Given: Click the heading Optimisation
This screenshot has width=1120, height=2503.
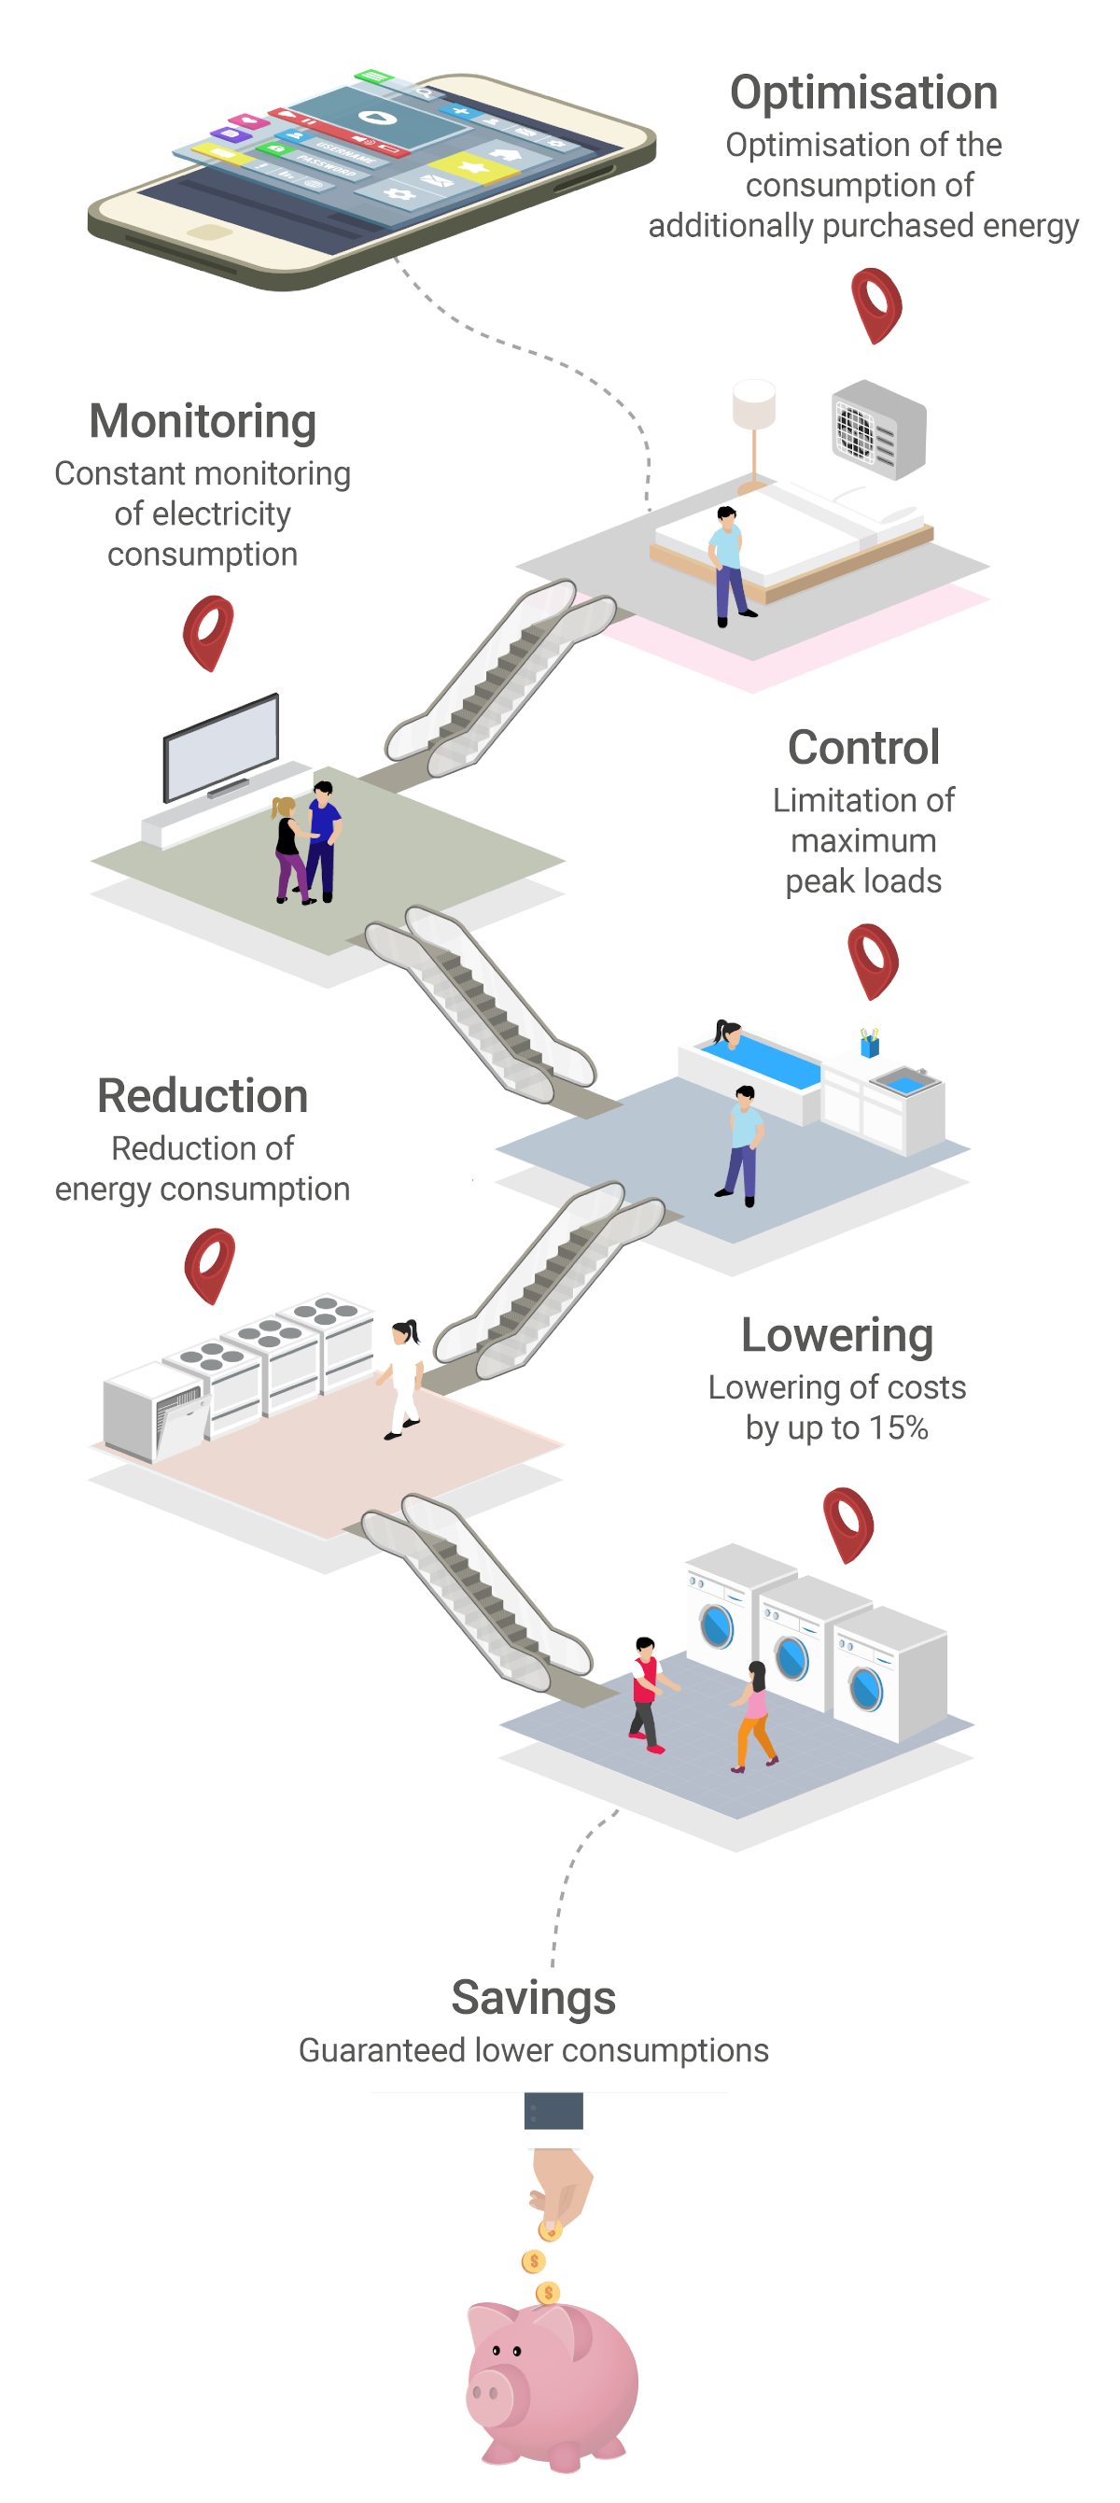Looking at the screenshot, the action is (x=862, y=93).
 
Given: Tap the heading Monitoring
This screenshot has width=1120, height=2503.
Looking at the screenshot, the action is (x=202, y=423).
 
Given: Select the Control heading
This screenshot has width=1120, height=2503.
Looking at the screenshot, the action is (x=862, y=747).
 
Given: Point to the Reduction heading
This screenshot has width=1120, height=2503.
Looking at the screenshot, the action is (x=202, y=1096).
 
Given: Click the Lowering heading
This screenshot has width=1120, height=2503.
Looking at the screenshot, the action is (x=836, y=1336).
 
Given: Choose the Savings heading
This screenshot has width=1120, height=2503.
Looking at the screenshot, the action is (x=533, y=1999).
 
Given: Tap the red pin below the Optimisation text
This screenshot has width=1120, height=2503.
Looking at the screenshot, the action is (x=875, y=305).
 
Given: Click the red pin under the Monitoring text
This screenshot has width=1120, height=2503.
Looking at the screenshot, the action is (x=209, y=633).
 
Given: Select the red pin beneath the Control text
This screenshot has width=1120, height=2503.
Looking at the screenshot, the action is (x=873, y=961).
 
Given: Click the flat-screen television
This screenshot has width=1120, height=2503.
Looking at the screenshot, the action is (x=221, y=747).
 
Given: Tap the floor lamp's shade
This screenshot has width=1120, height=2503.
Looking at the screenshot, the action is (x=754, y=403).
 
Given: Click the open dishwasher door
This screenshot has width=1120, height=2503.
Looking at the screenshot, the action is (x=182, y=1426).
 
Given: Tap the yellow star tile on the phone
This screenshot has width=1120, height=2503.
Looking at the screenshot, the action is (x=474, y=168).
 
